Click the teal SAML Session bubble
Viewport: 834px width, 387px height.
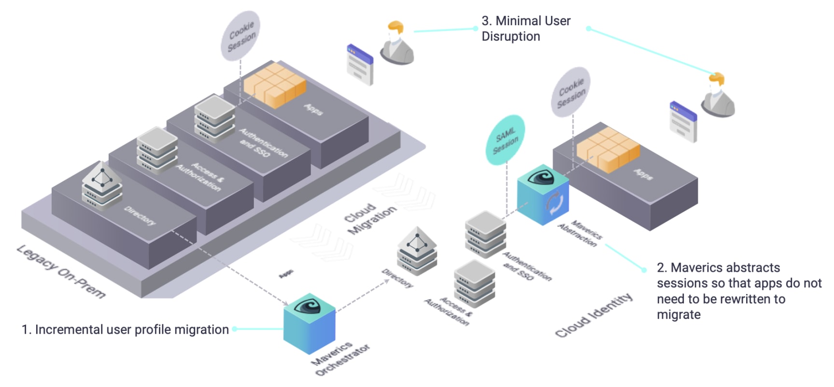point(505,139)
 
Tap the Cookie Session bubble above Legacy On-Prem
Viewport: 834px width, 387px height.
point(241,36)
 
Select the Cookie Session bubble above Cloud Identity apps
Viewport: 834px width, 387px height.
point(571,92)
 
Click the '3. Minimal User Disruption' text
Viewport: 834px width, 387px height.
point(526,29)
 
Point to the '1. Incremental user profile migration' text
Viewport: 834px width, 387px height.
point(125,329)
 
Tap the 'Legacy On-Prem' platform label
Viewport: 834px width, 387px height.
point(61,271)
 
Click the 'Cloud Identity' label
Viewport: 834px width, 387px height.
point(594,315)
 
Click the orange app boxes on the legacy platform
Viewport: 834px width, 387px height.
point(275,85)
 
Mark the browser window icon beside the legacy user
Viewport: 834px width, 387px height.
point(360,64)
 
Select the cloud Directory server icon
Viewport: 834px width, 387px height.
point(417,251)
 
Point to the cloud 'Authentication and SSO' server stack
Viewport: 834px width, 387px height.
point(485,234)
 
